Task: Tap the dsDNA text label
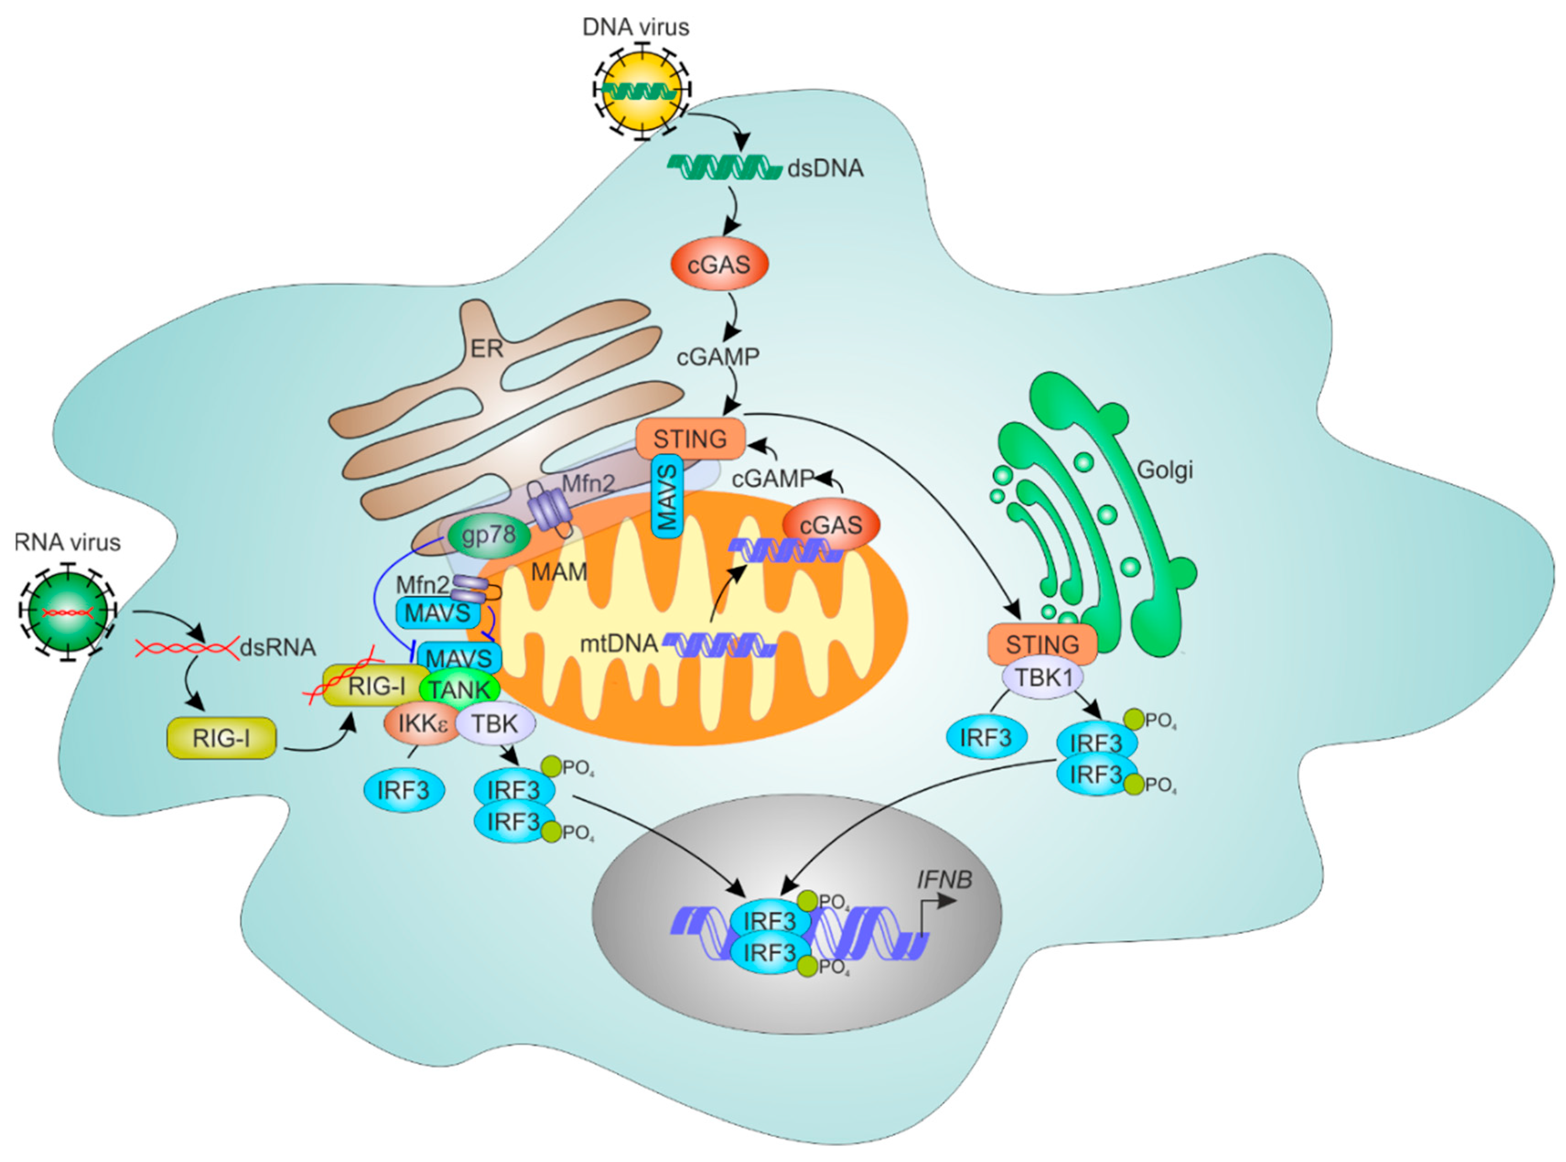[x=825, y=169]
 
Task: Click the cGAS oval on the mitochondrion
[x=831, y=525]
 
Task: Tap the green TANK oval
[x=459, y=689]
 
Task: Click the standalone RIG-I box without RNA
[x=221, y=739]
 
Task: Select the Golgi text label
[x=1164, y=469]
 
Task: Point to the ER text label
[x=486, y=348]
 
